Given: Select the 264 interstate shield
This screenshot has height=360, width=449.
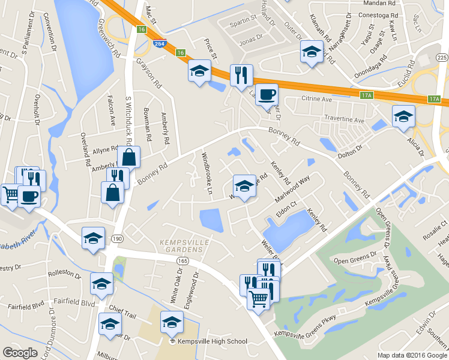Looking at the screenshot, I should pos(159,44).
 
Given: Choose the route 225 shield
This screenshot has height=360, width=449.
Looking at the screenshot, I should pos(442,58).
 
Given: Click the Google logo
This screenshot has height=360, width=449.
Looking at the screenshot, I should pos(20,353).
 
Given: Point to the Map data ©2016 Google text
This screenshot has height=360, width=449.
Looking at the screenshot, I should pos(412,355).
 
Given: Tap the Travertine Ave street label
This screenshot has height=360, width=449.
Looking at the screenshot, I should pos(344,120).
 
